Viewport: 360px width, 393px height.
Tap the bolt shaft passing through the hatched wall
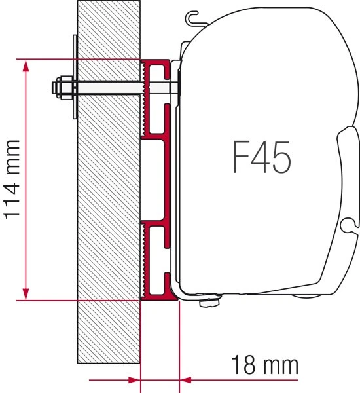coord(108,86)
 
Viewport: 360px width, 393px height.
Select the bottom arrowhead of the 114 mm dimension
coord(26,295)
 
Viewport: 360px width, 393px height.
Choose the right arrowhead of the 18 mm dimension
coord(185,378)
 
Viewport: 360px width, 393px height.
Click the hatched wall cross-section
coord(108,196)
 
